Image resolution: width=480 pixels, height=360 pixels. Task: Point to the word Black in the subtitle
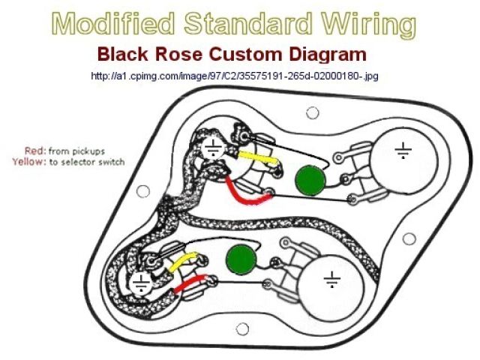tap(126, 55)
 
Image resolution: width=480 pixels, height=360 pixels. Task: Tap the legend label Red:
tap(37, 151)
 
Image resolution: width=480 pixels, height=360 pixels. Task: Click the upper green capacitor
tap(308, 181)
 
